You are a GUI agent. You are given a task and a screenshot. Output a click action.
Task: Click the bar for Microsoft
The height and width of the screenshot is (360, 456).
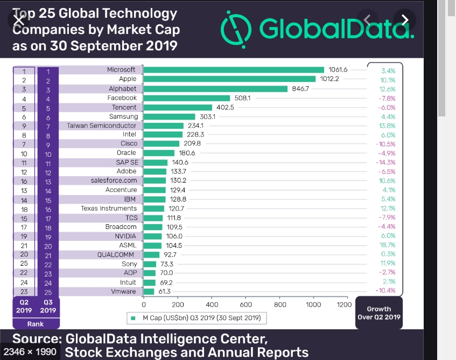[234, 70]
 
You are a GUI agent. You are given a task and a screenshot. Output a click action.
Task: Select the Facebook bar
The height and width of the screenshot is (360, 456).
[187, 98]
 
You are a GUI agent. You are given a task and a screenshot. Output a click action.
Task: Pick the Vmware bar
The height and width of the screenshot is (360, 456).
[149, 292]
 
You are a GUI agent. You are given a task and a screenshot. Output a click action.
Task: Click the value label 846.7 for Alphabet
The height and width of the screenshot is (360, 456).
[300, 88]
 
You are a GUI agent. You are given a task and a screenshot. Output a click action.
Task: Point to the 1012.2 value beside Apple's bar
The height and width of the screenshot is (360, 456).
[329, 79]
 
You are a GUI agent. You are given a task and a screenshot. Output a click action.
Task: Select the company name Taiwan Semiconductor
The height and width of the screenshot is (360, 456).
[102, 126]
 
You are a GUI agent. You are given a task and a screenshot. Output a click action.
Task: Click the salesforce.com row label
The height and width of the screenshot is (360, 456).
[114, 181]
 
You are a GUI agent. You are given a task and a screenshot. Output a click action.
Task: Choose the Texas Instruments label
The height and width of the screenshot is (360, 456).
[109, 208]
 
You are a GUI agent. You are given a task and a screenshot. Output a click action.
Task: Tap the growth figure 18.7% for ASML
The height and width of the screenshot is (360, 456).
[388, 245]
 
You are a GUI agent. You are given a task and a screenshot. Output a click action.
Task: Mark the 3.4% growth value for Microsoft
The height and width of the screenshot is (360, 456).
[388, 71]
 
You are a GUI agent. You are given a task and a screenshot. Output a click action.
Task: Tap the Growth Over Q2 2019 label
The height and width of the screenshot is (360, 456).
[379, 313]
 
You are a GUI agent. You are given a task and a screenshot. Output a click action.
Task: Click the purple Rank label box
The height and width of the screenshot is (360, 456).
[36, 324]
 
